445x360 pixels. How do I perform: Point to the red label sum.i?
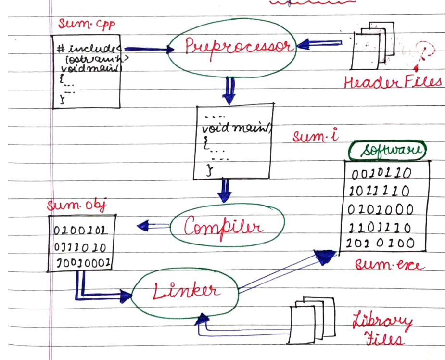point(316,137)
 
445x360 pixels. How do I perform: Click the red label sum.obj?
point(76,206)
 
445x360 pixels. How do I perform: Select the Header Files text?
point(393,82)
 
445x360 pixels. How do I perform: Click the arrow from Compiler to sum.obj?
point(153,225)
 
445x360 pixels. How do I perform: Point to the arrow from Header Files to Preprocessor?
point(319,44)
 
